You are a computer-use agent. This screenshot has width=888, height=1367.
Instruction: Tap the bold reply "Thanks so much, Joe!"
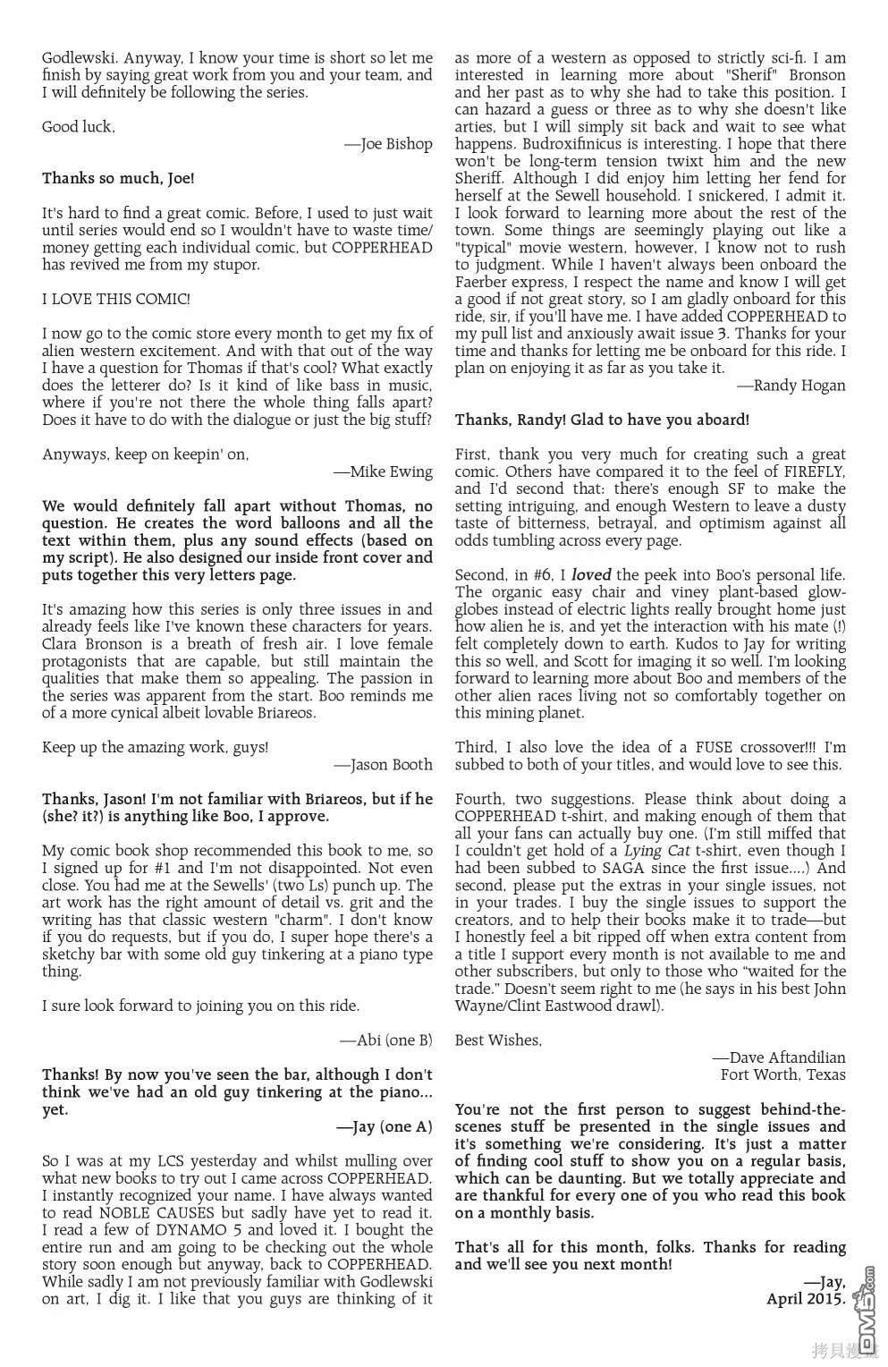click(x=118, y=178)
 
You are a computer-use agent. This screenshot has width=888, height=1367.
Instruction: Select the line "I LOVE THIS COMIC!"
click(x=115, y=299)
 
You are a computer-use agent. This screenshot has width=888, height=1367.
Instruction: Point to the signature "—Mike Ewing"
click(x=383, y=471)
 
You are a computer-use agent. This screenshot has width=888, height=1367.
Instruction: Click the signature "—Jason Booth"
click(x=383, y=764)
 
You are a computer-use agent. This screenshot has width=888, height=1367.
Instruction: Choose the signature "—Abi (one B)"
click(x=385, y=1040)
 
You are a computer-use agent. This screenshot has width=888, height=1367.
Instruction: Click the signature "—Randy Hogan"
click(x=791, y=386)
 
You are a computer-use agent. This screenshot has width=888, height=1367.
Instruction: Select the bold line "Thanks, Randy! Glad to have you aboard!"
click(x=602, y=420)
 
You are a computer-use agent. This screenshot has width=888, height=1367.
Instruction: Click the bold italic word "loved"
click(x=591, y=575)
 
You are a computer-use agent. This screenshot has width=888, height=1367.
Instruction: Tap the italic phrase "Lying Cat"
click(x=656, y=851)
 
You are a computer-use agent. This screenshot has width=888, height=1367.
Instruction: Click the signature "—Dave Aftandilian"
click(x=779, y=1057)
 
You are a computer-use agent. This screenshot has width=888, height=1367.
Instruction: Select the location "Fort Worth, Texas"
click(x=782, y=1074)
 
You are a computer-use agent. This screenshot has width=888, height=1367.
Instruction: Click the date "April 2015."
click(x=806, y=1298)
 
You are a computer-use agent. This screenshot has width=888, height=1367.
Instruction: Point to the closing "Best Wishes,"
click(x=498, y=1040)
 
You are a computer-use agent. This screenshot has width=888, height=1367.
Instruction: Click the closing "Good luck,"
click(x=79, y=127)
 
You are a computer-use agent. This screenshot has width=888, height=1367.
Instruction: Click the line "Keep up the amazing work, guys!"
click(x=155, y=747)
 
